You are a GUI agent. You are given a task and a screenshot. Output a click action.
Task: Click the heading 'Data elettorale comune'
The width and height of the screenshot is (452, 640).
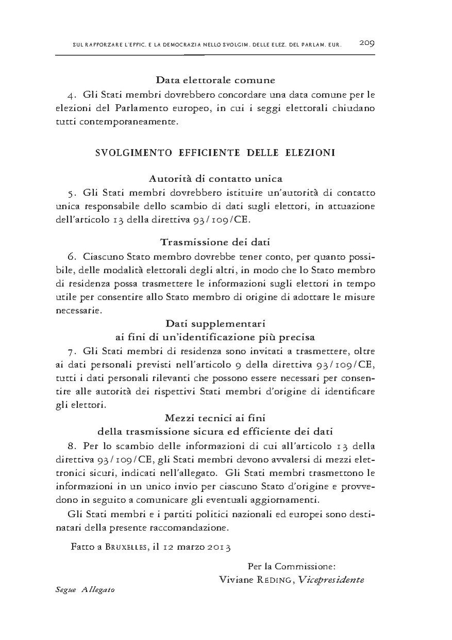[215, 81]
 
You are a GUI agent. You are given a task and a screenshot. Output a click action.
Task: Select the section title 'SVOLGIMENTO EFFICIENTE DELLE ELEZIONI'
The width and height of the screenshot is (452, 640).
[215, 153]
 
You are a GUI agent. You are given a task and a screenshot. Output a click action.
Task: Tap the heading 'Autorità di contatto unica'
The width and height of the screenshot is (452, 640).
[215, 179]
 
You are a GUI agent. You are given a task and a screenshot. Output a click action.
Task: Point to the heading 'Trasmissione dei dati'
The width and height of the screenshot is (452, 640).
[215, 242]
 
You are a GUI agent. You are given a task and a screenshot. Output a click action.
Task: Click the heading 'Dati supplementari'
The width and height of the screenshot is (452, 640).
[215, 323]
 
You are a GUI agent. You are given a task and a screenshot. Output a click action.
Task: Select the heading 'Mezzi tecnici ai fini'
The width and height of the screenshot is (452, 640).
[215, 417]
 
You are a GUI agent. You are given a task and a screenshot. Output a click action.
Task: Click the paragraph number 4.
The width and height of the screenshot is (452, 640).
[71, 95]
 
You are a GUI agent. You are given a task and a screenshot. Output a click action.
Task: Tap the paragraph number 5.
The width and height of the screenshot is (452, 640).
[71, 193]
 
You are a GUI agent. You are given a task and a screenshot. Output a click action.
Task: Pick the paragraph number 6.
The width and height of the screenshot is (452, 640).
[71, 256]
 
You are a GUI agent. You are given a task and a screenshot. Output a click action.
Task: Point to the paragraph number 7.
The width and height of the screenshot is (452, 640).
[71, 352]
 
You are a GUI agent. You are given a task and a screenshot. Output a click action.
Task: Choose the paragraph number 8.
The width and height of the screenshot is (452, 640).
[71, 446]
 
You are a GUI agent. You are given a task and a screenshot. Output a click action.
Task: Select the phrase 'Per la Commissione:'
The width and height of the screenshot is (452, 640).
[292, 566]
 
